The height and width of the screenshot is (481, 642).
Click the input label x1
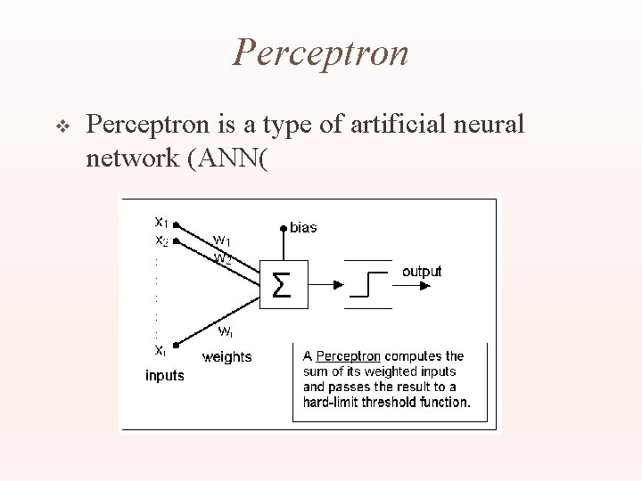160,221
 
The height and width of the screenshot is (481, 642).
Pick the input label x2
160,240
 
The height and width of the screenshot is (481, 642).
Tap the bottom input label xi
160,350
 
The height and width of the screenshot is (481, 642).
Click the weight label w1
222,240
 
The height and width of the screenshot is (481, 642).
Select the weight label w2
222,258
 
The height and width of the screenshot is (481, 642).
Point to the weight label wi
226,331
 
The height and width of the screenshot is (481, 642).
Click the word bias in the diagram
303,228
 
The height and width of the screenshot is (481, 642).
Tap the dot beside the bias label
284,228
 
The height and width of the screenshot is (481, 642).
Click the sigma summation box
280,285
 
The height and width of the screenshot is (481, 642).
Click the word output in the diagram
421,271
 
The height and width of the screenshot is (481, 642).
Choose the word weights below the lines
227,357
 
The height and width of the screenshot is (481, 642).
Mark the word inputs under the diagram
165,376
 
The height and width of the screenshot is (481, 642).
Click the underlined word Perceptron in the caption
349,356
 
